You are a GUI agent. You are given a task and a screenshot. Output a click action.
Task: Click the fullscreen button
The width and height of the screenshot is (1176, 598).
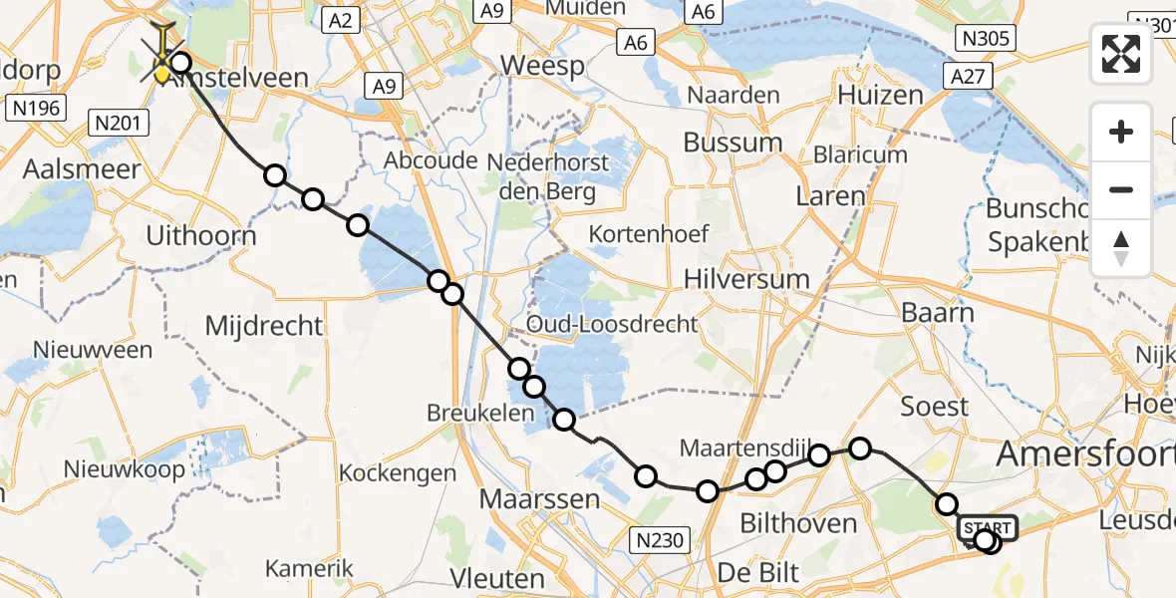[1121, 54]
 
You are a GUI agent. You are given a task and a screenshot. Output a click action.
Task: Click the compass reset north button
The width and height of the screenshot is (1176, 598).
[1121, 247]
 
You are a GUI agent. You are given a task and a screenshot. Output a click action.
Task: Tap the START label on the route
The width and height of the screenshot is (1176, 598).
[988, 527]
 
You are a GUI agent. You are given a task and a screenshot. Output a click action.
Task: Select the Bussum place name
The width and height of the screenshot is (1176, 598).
[735, 142]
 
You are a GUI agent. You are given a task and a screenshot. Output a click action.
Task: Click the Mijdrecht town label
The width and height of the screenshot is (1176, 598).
[263, 325]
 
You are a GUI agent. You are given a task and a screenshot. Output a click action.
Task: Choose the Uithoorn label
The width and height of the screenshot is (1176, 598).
[200, 237]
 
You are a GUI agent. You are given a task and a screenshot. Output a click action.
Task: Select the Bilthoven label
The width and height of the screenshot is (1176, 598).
[798, 522]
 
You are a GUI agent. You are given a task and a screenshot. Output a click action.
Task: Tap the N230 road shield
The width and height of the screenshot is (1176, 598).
[660, 540]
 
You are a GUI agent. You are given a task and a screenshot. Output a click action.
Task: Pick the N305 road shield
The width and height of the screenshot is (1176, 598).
[985, 39]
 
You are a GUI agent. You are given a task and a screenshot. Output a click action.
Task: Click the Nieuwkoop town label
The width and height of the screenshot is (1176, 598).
[124, 468]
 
